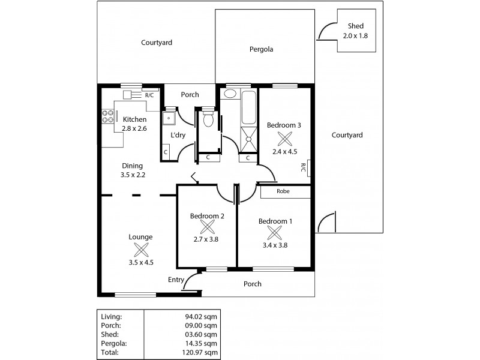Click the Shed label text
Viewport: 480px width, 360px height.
pos(356,26)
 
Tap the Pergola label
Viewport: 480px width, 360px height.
pos(261,50)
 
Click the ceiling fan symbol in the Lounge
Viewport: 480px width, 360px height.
pos(140,250)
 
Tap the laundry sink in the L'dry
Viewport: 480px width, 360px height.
pos(170,118)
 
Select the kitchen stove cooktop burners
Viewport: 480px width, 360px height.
pos(109,116)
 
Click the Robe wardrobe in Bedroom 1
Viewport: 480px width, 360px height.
pos(285,192)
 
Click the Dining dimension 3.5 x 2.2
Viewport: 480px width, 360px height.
pos(133,175)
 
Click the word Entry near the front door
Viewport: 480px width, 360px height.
pos(176,280)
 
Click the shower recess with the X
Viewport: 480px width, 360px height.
pos(248,140)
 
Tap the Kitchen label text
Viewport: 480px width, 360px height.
pos(134,119)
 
